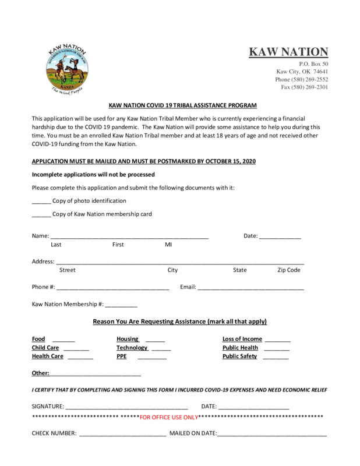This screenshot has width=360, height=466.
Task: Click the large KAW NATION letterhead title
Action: point(288,52)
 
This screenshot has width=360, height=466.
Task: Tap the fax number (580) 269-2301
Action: point(305,87)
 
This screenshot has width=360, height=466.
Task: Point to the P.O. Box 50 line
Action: point(313,63)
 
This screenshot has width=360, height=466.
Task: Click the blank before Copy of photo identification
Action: point(41,202)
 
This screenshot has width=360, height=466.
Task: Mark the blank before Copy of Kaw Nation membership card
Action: point(41,215)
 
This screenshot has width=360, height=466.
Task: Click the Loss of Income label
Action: point(242,339)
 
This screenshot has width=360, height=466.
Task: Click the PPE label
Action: point(121,356)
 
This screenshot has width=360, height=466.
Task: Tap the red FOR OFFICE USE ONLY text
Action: point(169,418)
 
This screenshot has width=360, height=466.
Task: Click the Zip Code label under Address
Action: point(289,270)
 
